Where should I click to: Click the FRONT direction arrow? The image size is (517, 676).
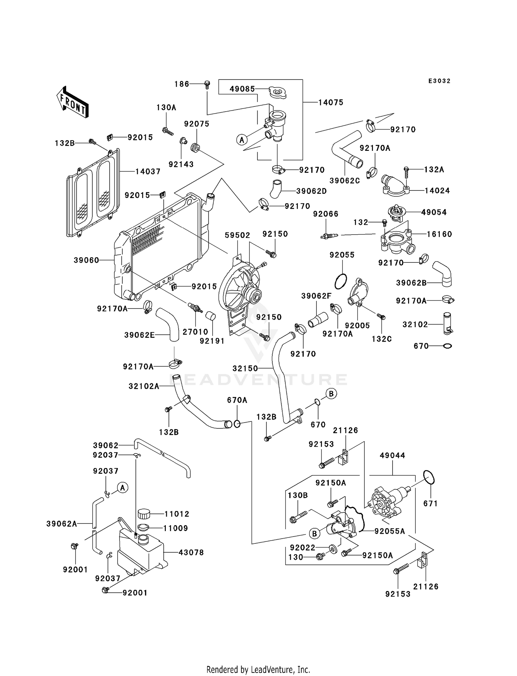point(73,103)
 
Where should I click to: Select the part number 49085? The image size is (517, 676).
point(242,89)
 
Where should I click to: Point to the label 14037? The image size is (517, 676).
point(148,171)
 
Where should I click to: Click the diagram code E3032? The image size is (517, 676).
point(439,81)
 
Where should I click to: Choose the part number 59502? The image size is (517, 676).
point(237,235)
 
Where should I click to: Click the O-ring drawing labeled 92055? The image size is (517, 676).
point(341,282)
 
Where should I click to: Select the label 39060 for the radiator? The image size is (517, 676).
point(87,260)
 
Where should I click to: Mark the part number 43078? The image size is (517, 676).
point(191,552)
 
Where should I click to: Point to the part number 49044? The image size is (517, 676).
point(392,455)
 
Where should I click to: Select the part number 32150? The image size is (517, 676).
point(245,368)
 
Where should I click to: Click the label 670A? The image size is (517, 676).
point(237,400)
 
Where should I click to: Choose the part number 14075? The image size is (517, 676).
point(331,102)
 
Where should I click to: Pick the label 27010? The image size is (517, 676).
point(195,332)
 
